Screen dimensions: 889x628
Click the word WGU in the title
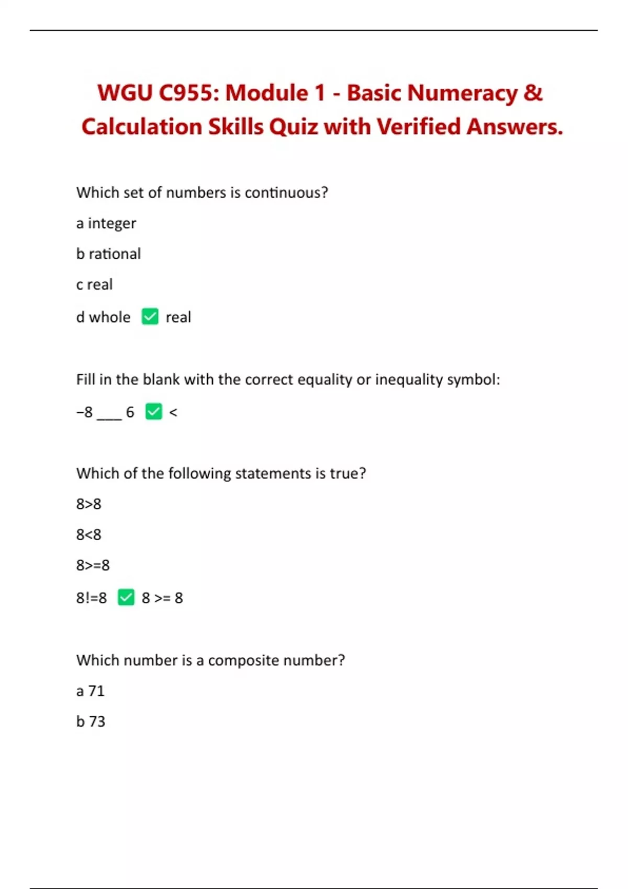(125, 94)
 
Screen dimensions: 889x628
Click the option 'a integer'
(106, 223)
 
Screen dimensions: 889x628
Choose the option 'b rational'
(108, 254)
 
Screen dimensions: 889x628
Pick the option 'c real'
(94, 284)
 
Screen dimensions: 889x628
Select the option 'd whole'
(103, 317)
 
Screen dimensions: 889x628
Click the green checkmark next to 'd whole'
(150, 316)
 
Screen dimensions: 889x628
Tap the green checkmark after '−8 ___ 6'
(153, 412)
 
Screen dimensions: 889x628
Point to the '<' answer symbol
(173, 413)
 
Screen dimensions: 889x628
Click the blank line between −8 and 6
(109, 417)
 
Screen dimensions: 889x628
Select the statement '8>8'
(88, 504)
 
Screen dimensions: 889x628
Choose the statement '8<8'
(88, 535)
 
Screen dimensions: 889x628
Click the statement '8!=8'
(92, 598)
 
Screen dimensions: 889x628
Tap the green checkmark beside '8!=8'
(126, 597)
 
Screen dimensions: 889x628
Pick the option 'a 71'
(91, 691)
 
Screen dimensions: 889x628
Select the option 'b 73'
(91, 722)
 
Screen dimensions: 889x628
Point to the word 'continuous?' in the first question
(286, 193)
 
